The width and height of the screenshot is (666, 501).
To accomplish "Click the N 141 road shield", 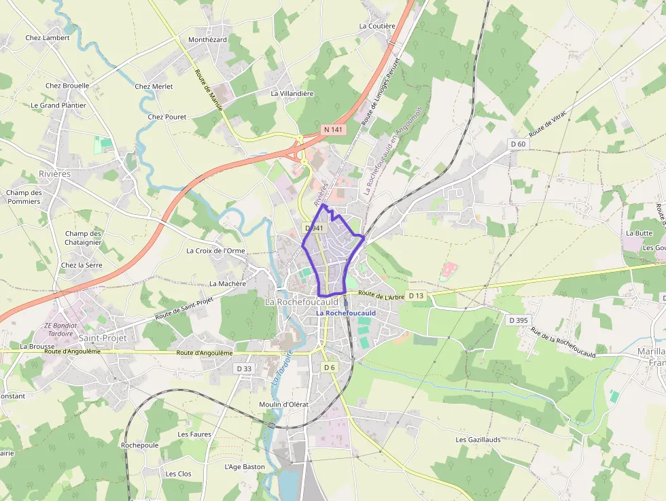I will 333,129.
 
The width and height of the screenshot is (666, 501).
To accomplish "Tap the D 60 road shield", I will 518,143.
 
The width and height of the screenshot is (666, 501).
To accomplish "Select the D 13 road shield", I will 416,295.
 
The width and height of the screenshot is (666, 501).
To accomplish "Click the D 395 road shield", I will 519,320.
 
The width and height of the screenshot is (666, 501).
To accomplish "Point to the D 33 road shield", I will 243,368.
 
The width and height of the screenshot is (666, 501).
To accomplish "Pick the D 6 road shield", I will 330,368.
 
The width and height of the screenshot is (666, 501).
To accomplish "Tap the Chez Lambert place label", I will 48,38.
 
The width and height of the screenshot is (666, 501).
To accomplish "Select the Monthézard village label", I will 207,40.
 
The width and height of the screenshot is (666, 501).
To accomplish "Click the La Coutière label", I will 377,26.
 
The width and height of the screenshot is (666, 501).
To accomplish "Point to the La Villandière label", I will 292,93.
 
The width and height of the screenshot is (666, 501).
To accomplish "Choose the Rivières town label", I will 54,174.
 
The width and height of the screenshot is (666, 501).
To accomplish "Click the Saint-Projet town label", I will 103,338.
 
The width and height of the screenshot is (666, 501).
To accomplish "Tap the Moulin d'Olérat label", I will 284,404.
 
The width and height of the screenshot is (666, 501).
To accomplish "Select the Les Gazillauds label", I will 478,440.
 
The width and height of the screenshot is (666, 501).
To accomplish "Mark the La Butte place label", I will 639,233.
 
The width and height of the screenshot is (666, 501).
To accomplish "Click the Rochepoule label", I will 139,445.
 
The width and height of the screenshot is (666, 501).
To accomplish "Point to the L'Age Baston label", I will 245,467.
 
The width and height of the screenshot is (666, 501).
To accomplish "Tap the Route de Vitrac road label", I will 548,120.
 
